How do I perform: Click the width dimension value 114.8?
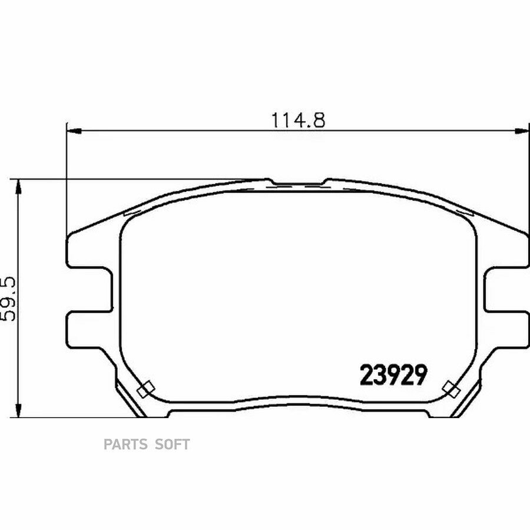pos(298,120)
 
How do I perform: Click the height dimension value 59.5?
pos(8,299)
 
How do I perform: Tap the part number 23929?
pos(393,375)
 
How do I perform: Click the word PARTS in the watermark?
pos(125,444)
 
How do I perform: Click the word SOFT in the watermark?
pos(172,444)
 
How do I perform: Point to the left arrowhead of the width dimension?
pos(74,131)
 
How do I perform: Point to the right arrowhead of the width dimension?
pos(521,131)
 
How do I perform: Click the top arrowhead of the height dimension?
pos(19,186)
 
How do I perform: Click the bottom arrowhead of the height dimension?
pos(19,410)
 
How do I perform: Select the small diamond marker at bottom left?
pos(146,389)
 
